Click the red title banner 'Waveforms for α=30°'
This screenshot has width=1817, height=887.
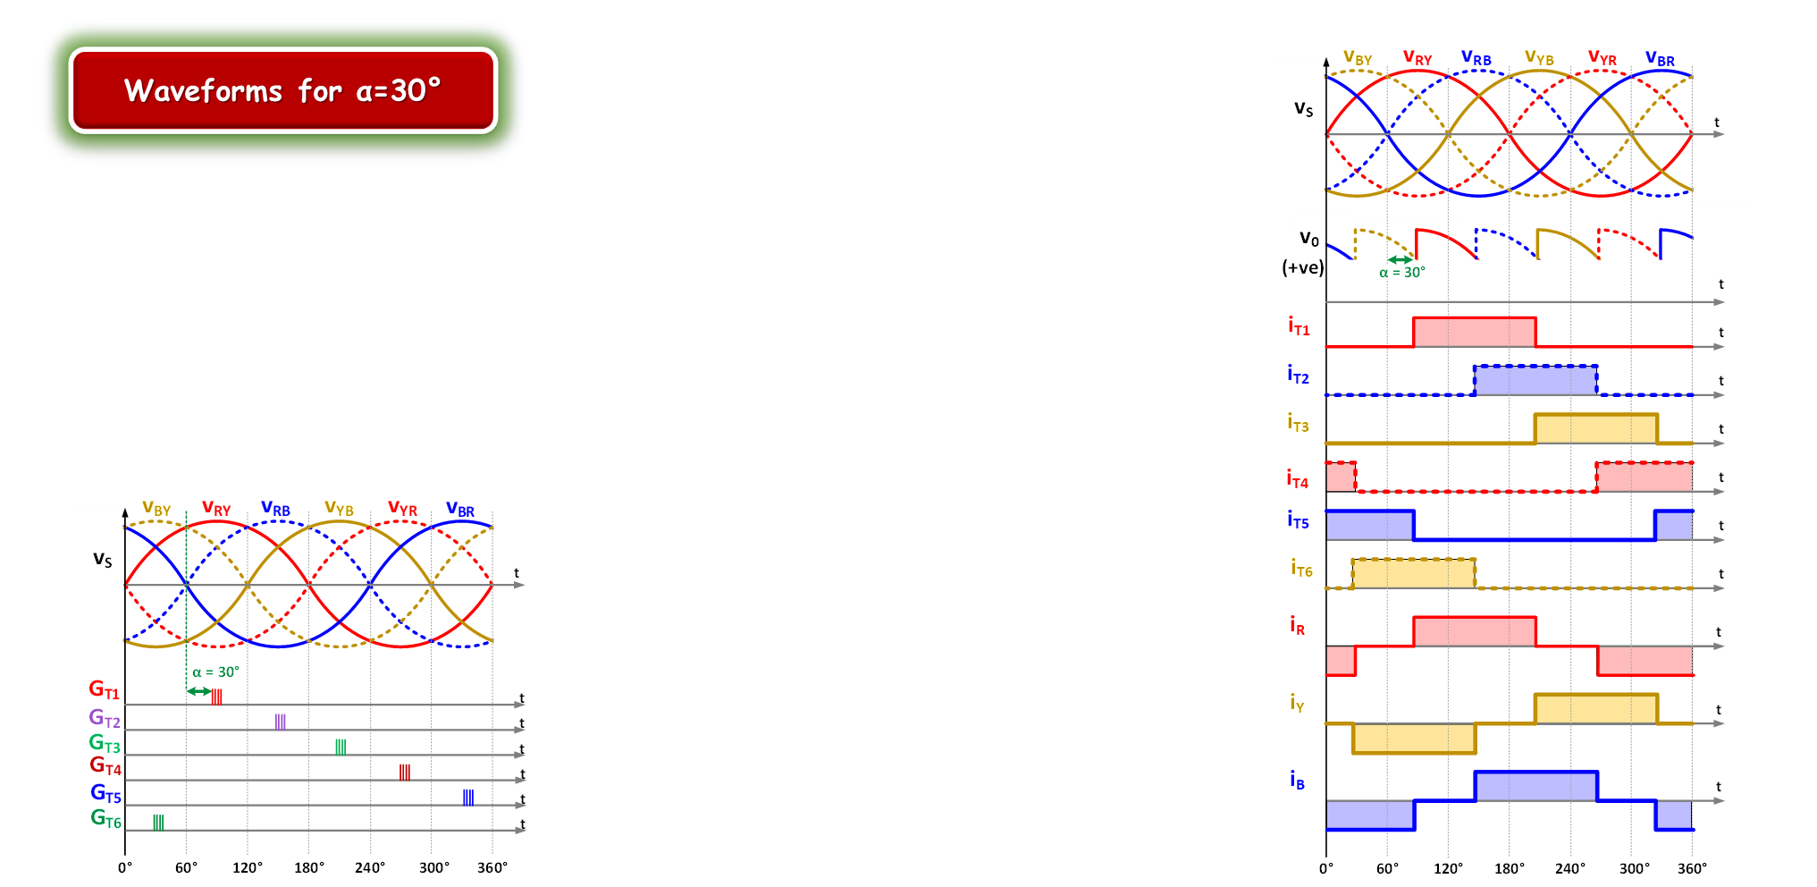(x=282, y=90)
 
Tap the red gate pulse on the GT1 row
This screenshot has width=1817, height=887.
(x=216, y=697)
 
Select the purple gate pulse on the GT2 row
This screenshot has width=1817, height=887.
(x=281, y=722)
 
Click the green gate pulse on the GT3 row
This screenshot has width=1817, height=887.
(x=341, y=747)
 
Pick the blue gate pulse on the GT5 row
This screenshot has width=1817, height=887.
(x=468, y=797)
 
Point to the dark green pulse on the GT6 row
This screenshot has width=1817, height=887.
(x=158, y=822)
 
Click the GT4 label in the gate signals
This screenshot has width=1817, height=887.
(x=105, y=766)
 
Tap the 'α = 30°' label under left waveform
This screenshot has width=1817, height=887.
(x=216, y=672)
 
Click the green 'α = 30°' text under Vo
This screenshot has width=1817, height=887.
(x=1401, y=273)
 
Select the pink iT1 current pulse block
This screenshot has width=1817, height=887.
(x=1474, y=332)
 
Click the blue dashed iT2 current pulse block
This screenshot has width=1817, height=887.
(x=1535, y=380)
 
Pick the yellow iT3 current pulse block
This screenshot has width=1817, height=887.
(x=1595, y=428)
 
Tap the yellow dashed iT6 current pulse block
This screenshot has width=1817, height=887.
(x=1413, y=573)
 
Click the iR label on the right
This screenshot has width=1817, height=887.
(x=1297, y=625)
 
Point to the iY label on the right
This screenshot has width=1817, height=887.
(x=1297, y=704)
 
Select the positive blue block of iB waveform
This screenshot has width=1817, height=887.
(x=1535, y=787)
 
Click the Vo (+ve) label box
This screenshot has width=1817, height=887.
(x=1302, y=255)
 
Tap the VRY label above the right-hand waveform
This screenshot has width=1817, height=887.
(x=1417, y=59)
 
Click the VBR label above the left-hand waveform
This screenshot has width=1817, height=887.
(x=460, y=510)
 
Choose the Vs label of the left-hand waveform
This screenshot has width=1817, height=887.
(x=103, y=561)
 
